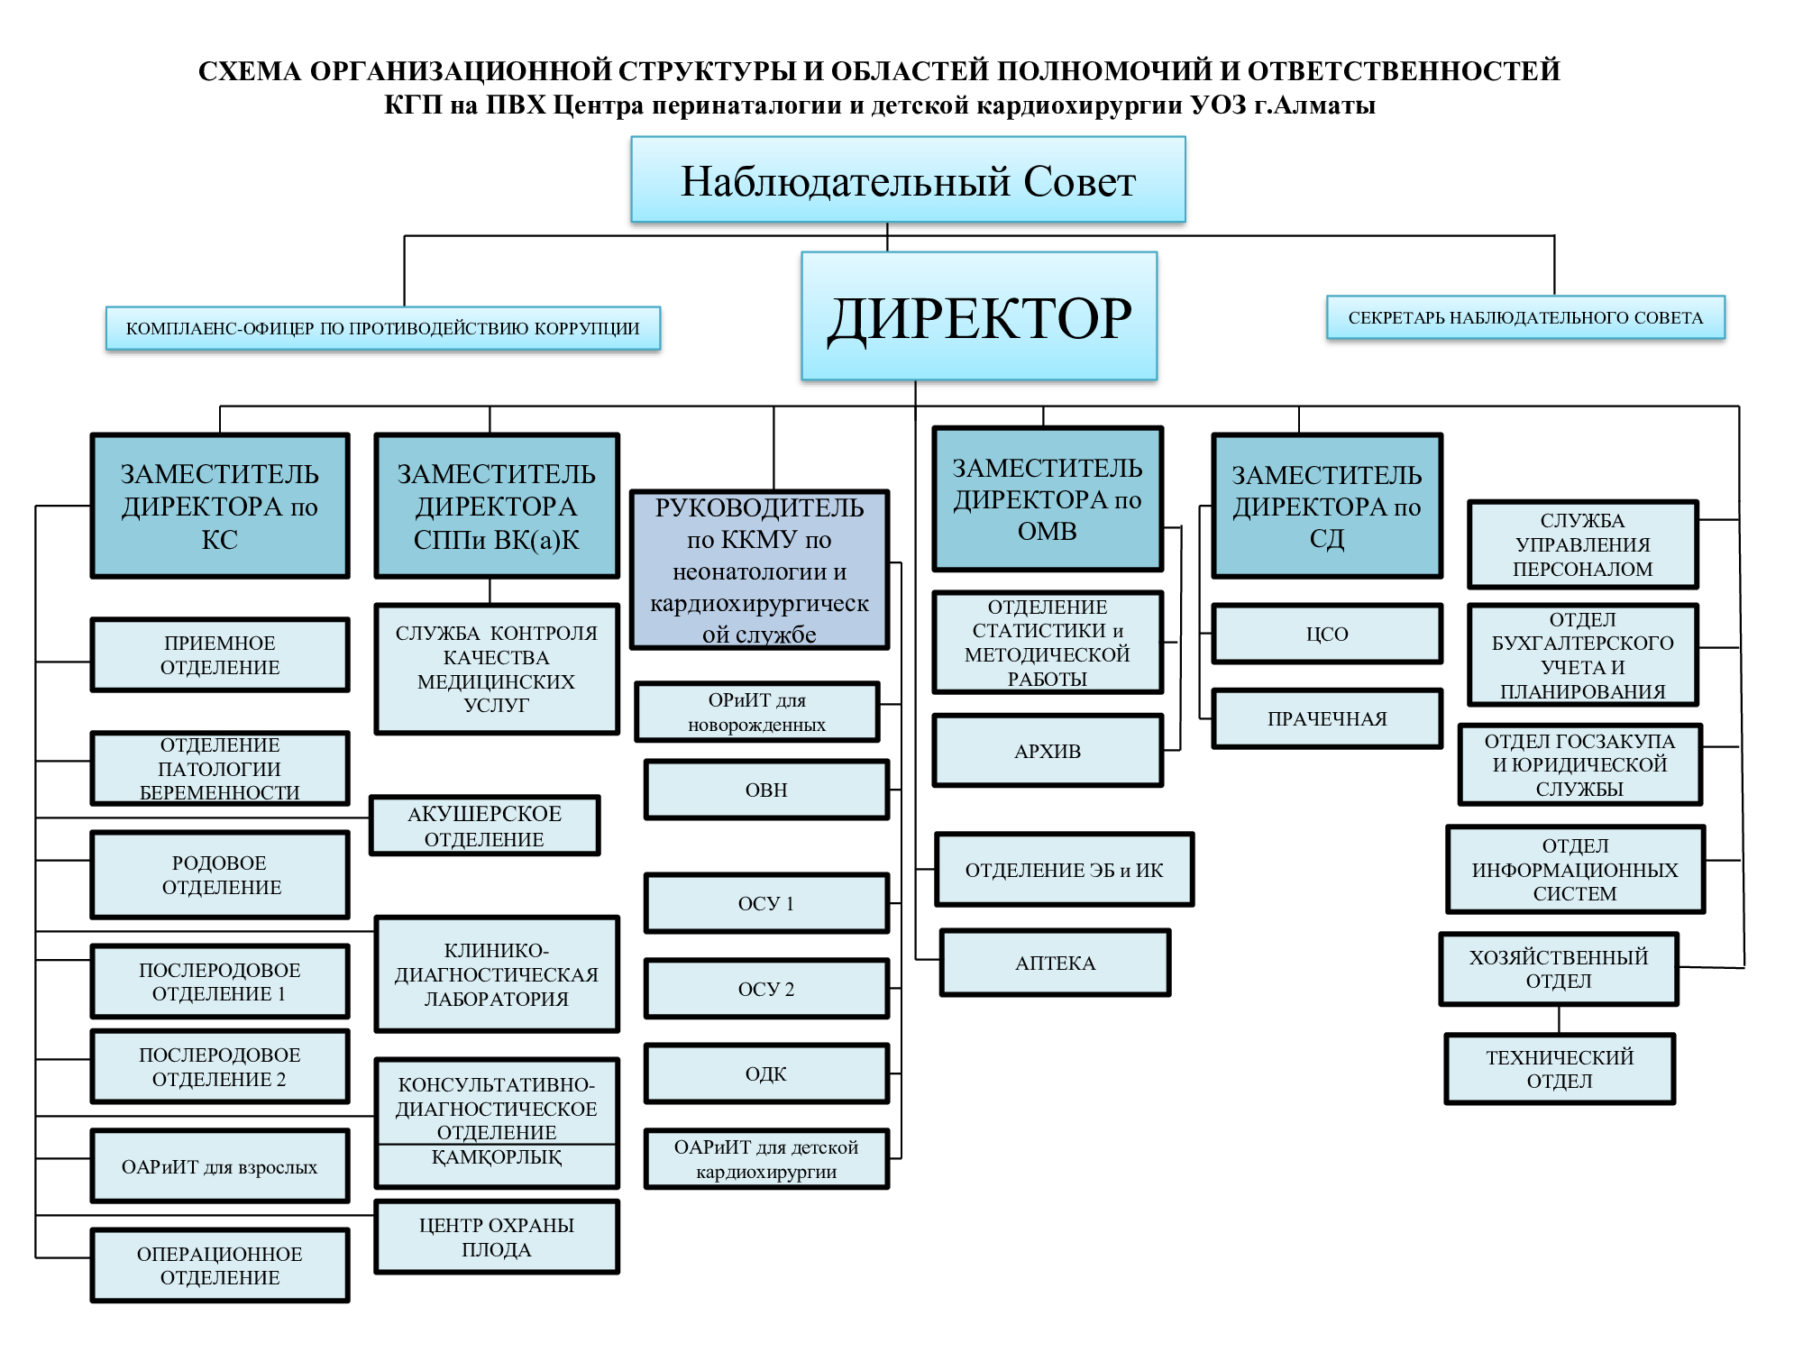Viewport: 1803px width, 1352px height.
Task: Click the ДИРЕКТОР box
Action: [x=979, y=315]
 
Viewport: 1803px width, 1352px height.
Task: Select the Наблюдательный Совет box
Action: [x=908, y=179]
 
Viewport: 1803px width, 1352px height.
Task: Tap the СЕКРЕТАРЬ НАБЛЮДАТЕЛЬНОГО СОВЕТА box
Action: [x=1525, y=317]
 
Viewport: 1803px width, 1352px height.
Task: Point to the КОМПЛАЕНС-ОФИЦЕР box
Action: [x=383, y=328]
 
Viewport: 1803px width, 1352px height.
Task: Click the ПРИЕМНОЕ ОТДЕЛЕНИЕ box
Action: [x=220, y=655]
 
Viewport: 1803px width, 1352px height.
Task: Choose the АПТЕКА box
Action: [x=1055, y=963]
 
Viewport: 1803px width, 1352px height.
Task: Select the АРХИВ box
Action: [x=1048, y=751]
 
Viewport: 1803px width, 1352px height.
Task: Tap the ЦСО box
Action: [x=1327, y=634]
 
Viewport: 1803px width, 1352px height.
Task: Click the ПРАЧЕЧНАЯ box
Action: [x=1327, y=718]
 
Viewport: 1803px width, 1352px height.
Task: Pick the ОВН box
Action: [x=766, y=790]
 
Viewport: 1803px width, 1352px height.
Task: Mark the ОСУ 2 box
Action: [x=766, y=989]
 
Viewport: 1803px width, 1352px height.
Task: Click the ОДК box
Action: [x=766, y=1073]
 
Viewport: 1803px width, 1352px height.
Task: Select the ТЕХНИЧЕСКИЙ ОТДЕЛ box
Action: [x=1560, y=1069]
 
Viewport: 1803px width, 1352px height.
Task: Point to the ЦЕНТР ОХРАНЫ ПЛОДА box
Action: [x=497, y=1237]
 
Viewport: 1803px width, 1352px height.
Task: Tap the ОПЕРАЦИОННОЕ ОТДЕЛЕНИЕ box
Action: [x=220, y=1265]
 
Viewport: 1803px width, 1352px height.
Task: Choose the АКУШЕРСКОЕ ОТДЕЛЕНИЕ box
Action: [x=484, y=826]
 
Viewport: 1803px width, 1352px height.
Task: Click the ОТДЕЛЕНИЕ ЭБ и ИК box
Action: [x=1064, y=870]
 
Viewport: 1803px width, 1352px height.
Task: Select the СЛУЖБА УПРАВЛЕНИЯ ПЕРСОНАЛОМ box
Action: [x=1582, y=544]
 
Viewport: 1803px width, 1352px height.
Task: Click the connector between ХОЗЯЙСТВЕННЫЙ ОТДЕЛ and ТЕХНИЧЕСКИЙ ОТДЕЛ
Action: [x=1559, y=1019]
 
